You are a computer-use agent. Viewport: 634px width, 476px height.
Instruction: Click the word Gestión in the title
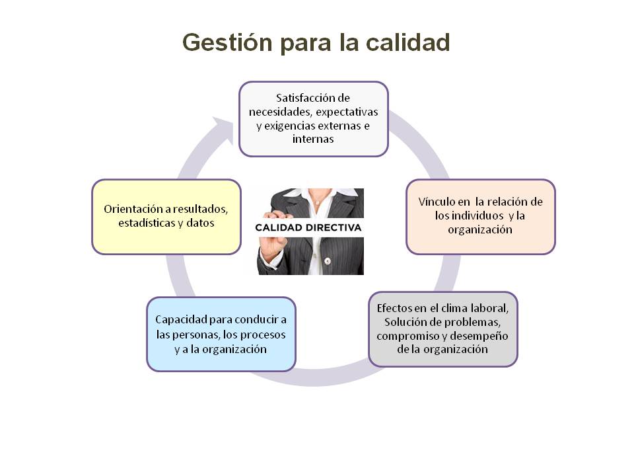tap(227, 42)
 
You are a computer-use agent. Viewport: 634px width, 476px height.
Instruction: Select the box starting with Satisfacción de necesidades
tap(313, 119)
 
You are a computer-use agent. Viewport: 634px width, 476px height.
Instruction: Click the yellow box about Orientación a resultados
tap(166, 217)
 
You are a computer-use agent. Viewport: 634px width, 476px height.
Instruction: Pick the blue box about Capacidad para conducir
tap(221, 335)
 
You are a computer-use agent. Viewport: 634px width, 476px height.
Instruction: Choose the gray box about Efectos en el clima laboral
tap(442, 329)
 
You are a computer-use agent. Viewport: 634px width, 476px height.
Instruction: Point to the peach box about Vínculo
tap(481, 217)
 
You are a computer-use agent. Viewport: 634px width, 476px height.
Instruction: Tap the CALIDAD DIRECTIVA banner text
tap(308, 227)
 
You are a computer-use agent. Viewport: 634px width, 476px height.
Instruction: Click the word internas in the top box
tap(313, 139)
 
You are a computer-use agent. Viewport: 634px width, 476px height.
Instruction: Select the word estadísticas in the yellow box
tap(147, 223)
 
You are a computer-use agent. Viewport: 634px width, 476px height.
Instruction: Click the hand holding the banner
tap(273, 239)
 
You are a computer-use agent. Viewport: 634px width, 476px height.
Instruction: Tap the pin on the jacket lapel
tap(328, 261)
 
